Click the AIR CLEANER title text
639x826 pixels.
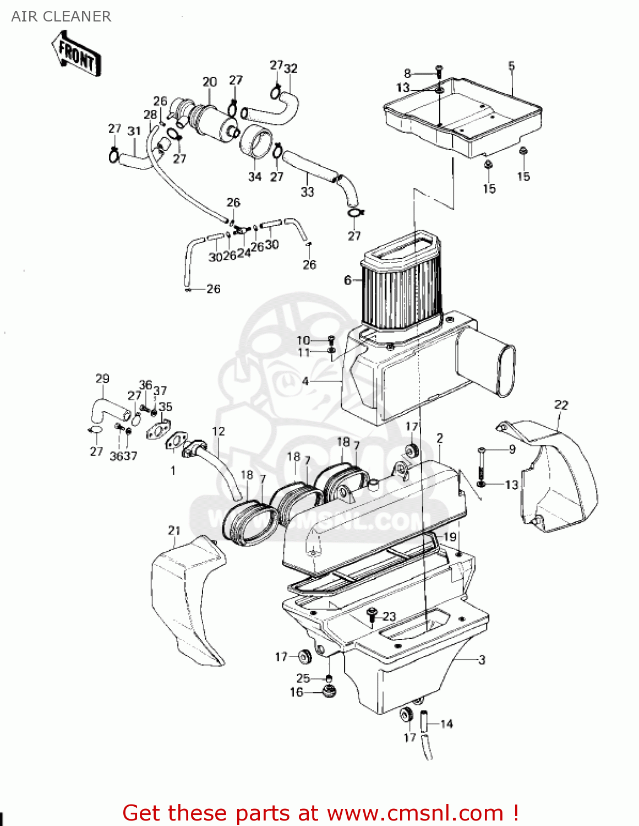click(x=61, y=17)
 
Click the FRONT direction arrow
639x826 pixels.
click(x=76, y=54)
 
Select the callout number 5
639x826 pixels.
click(x=511, y=66)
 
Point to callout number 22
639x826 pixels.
click(x=561, y=405)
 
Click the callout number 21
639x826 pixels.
click(x=174, y=530)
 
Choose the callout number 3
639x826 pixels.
click(x=482, y=659)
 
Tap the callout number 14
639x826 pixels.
click(x=446, y=724)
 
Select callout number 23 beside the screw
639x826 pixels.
click(x=389, y=616)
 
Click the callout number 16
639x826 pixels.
click(x=296, y=692)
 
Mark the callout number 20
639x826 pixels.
click(x=210, y=82)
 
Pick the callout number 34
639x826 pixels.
click(x=254, y=176)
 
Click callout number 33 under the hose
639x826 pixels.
click(x=307, y=192)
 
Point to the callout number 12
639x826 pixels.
click(x=219, y=431)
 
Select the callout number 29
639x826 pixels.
click(x=102, y=379)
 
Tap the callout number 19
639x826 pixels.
click(x=450, y=537)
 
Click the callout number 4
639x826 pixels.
click(x=305, y=381)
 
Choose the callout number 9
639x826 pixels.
click(x=512, y=449)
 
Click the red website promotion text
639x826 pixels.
click(x=320, y=813)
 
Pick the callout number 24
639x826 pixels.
click(x=243, y=252)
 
